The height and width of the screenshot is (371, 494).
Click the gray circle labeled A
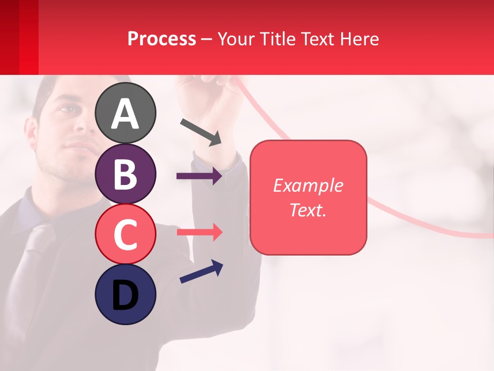(x=125, y=113)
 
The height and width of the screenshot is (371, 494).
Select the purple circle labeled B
(x=125, y=174)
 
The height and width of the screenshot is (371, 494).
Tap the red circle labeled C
(x=125, y=234)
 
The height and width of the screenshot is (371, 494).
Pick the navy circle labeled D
(x=125, y=294)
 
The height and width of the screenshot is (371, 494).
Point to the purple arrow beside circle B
(x=199, y=176)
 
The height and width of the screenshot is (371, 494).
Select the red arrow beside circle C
(x=199, y=232)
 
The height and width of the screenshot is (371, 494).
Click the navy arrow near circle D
(x=201, y=272)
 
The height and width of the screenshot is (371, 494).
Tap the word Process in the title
(x=162, y=39)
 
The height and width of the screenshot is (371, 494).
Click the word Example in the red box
(x=308, y=185)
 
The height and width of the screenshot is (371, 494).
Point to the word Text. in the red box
(x=308, y=210)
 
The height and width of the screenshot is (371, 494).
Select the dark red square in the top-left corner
(x=19, y=37)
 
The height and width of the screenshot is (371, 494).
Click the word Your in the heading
(x=235, y=39)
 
